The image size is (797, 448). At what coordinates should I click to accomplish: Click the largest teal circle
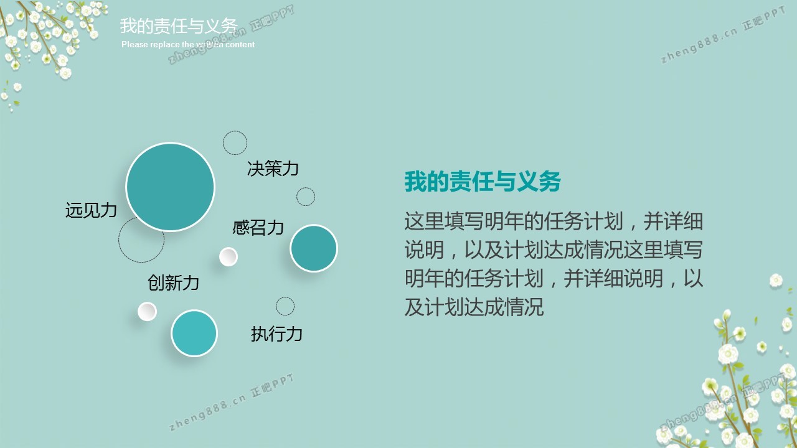tap(171, 187)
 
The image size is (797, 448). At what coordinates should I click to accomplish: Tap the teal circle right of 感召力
tap(313, 248)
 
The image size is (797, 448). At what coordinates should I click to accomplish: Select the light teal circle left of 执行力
tap(194, 333)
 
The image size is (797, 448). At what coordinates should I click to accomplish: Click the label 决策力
tap(273, 168)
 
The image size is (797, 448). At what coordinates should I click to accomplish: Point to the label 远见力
tap(91, 210)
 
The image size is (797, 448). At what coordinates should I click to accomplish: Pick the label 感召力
tap(258, 227)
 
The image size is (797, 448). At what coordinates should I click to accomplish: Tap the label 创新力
tap(173, 282)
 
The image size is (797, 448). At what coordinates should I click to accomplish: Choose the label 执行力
tap(276, 334)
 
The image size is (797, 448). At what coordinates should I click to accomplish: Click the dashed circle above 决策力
tap(235, 131)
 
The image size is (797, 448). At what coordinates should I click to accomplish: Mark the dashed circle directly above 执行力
tap(285, 297)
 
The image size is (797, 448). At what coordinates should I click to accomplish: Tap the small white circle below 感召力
tap(228, 257)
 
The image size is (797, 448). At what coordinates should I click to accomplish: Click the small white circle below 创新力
tap(147, 312)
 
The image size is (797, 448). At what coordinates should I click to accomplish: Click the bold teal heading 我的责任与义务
tap(483, 182)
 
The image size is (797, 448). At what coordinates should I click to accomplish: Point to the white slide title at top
tap(179, 26)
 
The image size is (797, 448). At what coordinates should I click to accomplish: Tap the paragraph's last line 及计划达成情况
tap(474, 307)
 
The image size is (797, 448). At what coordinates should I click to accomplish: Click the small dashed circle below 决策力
tap(306, 187)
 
